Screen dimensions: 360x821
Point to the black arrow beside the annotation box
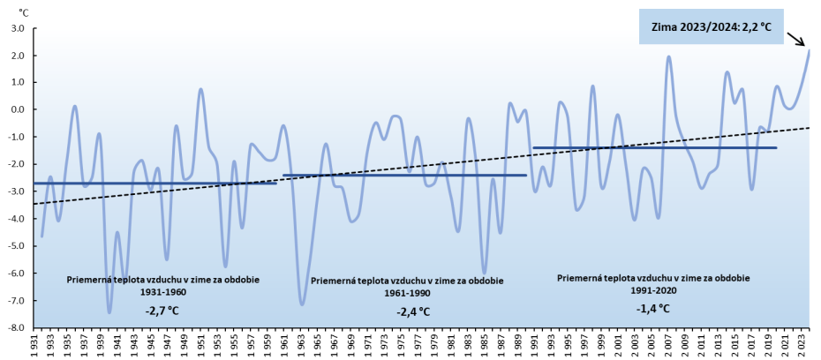(796, 38)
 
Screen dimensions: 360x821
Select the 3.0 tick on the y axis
(16, 28)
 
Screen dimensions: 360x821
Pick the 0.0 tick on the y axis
(16, 110)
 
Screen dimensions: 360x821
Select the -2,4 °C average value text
(413, 311)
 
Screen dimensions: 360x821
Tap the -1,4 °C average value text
(652, 308)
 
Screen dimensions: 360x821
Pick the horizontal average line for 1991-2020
(654, 147)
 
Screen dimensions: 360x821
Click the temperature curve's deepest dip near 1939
(109, 312)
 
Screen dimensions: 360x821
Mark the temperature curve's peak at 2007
(668, 56)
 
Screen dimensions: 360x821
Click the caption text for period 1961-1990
(407, 286)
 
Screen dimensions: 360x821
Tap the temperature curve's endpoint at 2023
(809, 50)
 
